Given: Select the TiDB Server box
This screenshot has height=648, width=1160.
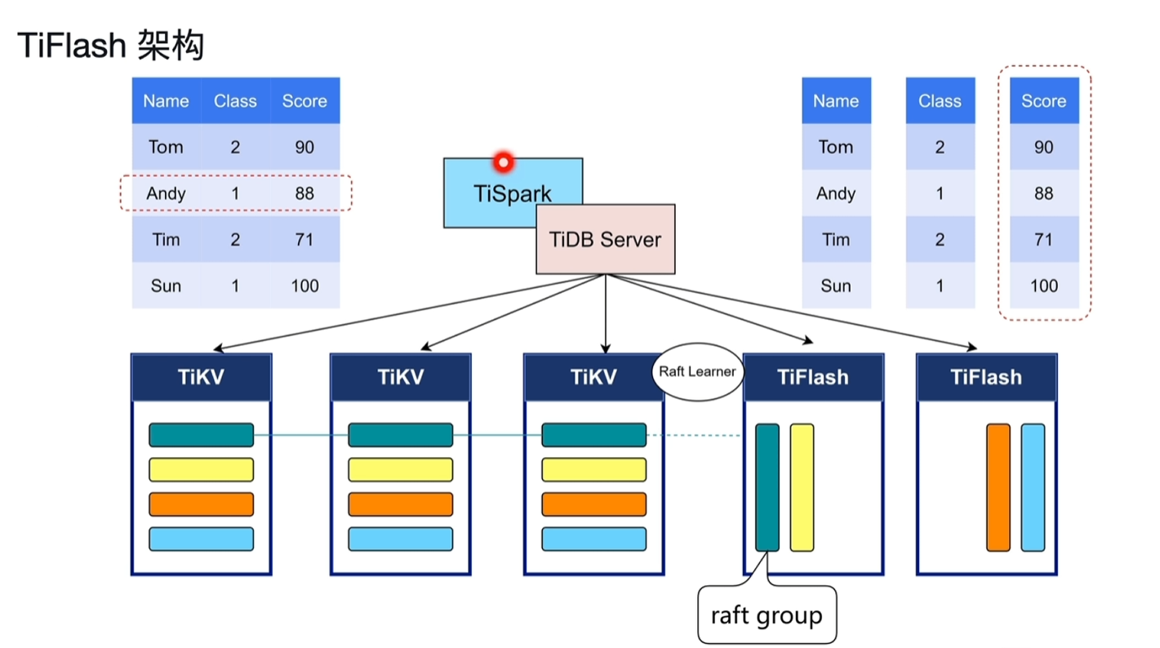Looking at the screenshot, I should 605,239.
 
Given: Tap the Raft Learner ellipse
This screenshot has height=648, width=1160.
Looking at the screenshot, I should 697,371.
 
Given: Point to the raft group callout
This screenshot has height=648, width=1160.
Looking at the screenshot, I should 767,615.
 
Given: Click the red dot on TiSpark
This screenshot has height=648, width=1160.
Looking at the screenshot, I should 503,162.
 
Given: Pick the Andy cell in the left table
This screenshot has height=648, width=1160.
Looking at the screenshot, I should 166,193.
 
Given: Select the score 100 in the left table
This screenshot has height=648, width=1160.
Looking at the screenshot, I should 304,286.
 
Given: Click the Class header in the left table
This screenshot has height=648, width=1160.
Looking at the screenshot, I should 235,101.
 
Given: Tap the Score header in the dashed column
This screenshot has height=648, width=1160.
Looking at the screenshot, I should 1043,101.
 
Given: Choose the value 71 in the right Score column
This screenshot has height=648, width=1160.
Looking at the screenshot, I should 1043,239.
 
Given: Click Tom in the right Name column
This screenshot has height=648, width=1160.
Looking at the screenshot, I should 835,147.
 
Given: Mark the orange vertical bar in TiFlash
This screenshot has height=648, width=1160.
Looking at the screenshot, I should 998,487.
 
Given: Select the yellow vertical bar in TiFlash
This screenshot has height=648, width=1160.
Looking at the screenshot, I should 802,487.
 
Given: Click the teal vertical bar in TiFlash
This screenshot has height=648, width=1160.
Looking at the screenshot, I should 767,487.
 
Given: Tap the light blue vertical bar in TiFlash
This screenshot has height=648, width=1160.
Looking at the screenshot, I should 1033,487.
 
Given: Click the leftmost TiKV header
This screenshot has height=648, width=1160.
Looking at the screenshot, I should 201,377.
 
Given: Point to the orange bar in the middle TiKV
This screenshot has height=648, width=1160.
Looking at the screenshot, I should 400,504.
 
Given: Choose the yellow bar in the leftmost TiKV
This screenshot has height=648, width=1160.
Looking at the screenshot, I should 201,469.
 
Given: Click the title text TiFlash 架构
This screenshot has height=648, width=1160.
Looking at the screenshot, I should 110,47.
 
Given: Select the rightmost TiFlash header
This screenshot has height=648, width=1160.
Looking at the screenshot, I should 986,377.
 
